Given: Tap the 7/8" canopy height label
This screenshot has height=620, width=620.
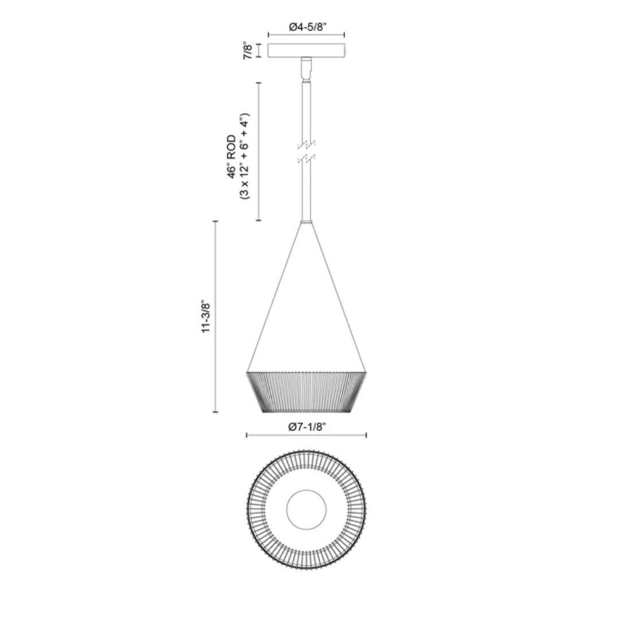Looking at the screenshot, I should pos(248,51).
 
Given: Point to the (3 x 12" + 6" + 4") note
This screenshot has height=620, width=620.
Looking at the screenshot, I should pos(243,156).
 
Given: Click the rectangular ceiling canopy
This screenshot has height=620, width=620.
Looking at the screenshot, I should pos(307,51).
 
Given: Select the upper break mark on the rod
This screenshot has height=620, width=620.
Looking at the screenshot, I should pos(307,144).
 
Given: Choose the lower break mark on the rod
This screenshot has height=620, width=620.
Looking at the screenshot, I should pos(307,157).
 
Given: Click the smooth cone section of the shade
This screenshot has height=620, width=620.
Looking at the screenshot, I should pos(307,321).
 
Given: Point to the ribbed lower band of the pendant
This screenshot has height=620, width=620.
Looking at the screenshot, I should pos(307,392).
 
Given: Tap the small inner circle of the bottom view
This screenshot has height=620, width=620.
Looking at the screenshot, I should pos(307,510).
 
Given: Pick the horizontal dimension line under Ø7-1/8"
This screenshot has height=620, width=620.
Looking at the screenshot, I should pos(307,436).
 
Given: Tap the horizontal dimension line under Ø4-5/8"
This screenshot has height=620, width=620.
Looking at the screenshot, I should pos(307,36).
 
